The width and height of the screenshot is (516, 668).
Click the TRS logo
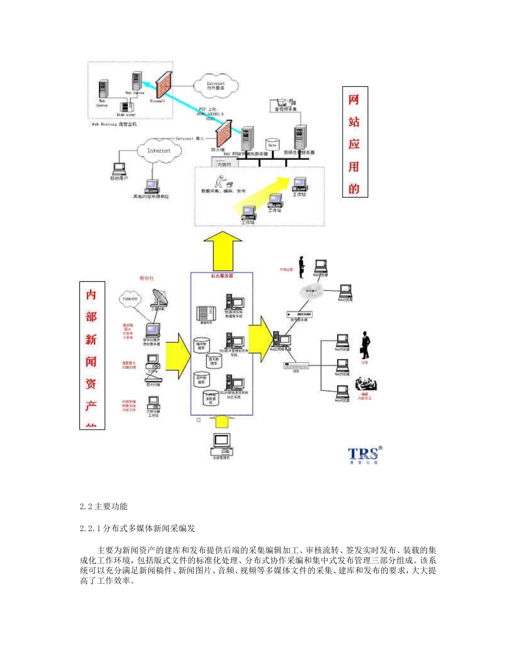[364, 454]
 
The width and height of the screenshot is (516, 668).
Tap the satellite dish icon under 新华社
[158, 298]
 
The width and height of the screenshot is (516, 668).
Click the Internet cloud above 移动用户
[159, 150]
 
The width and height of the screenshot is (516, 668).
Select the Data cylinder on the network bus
[272, 145]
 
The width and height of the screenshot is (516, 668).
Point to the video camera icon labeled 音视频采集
[285, 102]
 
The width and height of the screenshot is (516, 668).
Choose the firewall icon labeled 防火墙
[223, 132]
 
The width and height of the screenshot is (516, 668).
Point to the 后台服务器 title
[222, 276]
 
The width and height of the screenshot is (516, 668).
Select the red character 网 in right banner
[354, 100]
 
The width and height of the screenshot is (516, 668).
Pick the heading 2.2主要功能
[103, 506]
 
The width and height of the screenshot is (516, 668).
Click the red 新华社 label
[147, 278]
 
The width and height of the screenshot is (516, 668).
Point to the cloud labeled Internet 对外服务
[216, 84]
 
